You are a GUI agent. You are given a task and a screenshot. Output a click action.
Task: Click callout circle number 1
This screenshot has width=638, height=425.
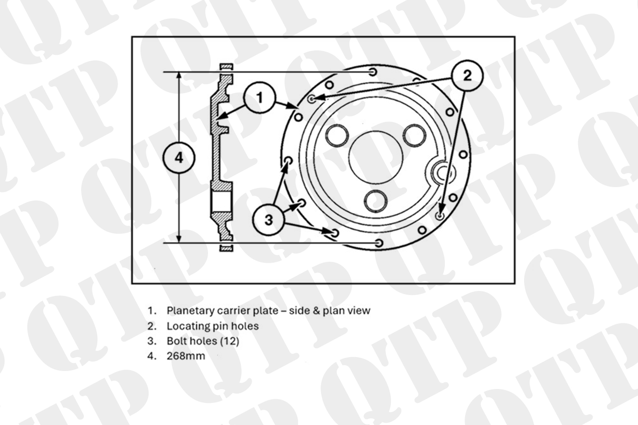click(x=259, y=98)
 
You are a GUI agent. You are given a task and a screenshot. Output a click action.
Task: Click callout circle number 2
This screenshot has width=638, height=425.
click(x=467, y=76)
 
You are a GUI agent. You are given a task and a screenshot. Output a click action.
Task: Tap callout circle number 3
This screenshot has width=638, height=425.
click(x=268, y=219)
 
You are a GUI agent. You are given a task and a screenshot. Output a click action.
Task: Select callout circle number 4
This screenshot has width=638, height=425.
click(x=179, y=157)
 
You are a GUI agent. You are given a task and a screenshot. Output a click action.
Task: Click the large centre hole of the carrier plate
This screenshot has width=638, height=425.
click(x=376, y=157)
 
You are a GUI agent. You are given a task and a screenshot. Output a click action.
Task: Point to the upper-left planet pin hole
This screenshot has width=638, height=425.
click(x=337, y=136)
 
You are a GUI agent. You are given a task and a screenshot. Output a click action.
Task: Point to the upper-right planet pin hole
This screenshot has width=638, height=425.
click(x=415, y=136)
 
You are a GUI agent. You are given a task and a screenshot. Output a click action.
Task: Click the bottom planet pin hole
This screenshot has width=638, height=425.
click(x=376, y=201)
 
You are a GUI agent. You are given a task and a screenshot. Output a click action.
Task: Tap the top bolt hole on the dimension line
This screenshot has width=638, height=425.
click(x=373, y=72)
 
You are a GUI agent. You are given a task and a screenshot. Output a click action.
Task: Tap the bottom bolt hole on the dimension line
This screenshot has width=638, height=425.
click(x=379, y=243)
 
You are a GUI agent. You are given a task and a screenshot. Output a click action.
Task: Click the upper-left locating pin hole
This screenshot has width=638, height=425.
click(x=312, y=99)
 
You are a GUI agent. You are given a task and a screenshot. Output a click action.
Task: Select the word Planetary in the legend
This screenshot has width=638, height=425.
click(x=190, y=311)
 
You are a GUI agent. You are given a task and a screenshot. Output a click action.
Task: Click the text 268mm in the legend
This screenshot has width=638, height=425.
click(x=186, y=356)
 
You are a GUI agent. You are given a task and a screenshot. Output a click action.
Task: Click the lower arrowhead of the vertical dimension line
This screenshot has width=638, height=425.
click(x=179, y=240)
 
